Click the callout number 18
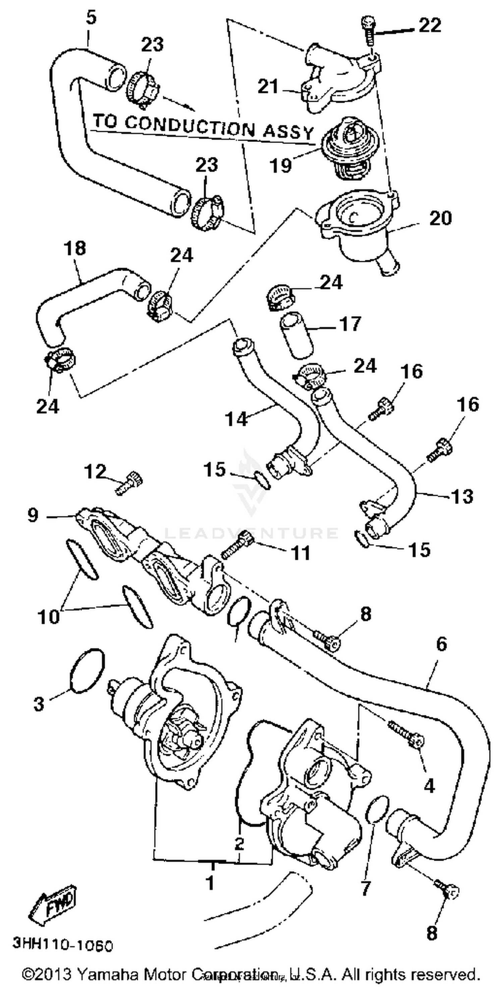pyautogui.click(x=75, y=248)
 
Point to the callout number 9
pyautogui.click(x=33, y=515)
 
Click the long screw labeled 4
pyautogui.click(x=406, y=733)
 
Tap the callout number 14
pyautogui.click(x=236, y=419)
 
